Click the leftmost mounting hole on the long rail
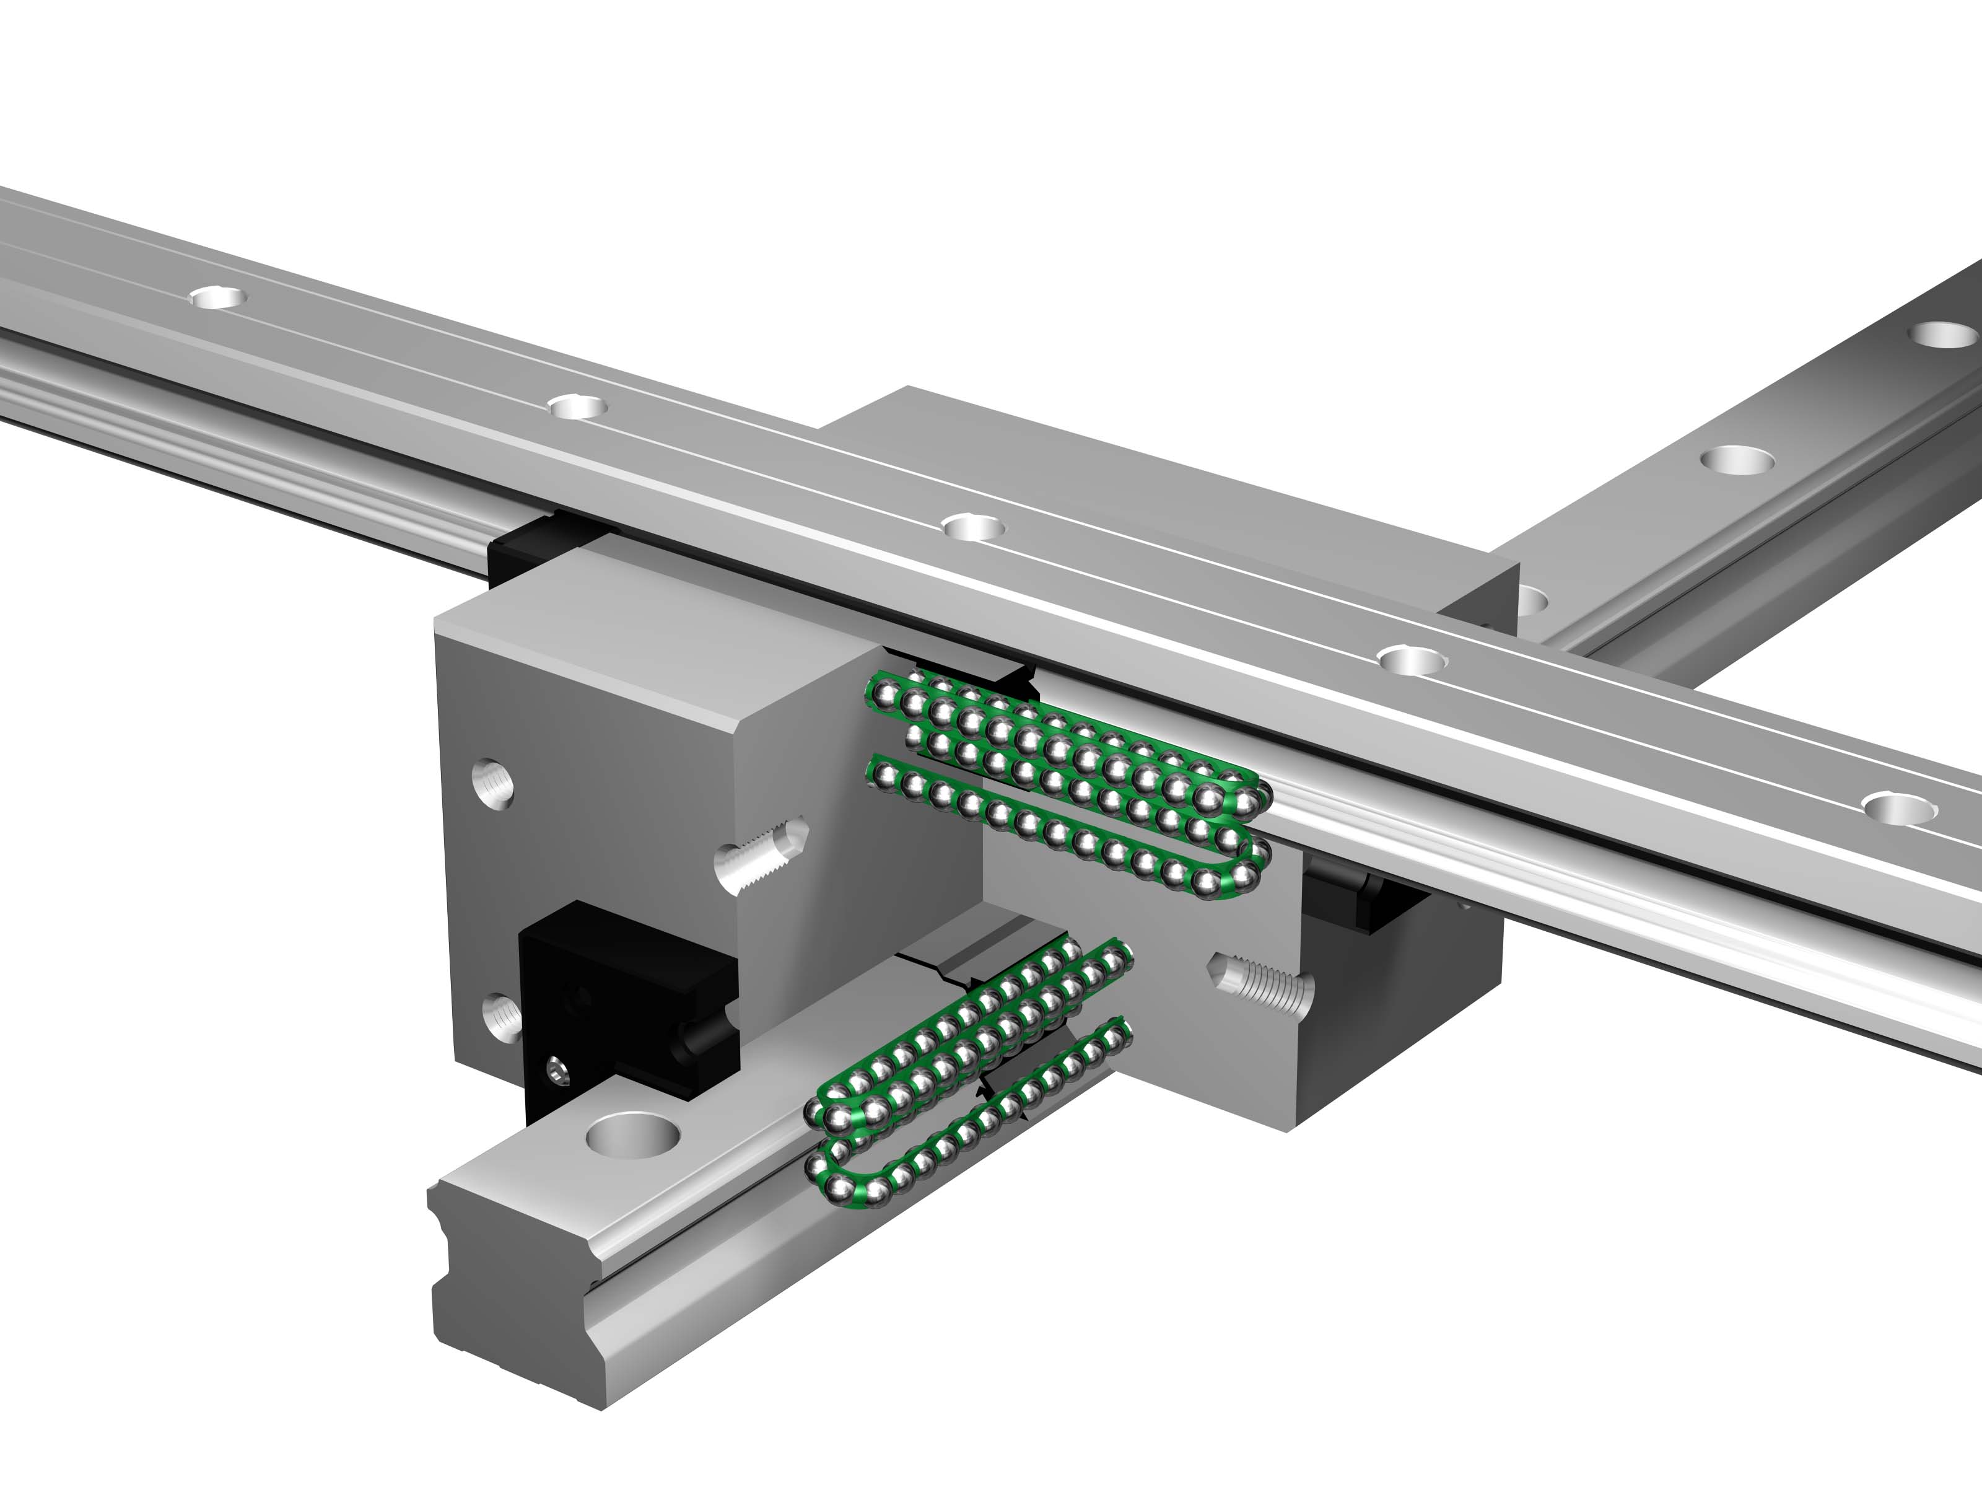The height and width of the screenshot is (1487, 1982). pos(219,297)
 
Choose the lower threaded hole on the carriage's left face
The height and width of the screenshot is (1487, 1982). pos(502,1017)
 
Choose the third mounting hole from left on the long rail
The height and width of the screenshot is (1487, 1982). pos(973,526)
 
